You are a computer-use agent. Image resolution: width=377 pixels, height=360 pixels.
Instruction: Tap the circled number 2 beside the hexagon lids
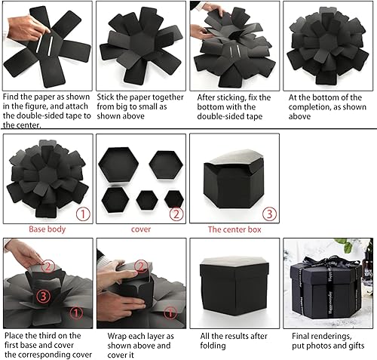176,214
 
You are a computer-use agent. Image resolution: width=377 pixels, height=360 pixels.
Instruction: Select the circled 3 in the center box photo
269,214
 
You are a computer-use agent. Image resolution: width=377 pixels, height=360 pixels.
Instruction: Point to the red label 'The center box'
234,229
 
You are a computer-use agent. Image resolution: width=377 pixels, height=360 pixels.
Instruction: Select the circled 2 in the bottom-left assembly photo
48,265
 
